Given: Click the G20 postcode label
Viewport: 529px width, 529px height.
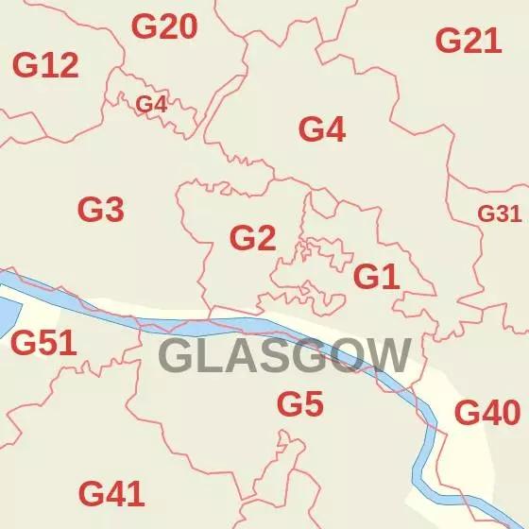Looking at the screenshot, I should click(x=164, y=27).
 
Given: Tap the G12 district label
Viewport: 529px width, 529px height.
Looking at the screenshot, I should click(x=45, y=65).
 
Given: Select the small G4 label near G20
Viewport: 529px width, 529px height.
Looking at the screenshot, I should click(x=152, y=104).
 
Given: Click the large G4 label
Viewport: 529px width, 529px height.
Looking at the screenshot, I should click(x=322, y=129).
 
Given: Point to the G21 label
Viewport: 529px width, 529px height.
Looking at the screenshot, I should click(x=468, y=41).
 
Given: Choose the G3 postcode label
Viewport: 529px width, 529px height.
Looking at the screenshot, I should click(x=101, y=209).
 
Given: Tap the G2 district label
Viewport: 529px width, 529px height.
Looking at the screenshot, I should click(x=253, y=238).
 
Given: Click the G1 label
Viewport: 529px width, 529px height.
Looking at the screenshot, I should click(x=377, y=277).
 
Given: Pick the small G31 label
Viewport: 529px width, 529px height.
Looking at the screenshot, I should click(x=499, y=213).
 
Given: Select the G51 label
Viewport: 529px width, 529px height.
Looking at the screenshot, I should click(x=43, y=343).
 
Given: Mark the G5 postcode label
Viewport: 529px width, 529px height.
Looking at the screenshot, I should click(x=300, y=404).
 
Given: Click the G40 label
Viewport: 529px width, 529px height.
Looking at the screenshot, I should click(x=487, y=413).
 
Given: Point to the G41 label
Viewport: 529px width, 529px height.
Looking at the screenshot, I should click(x=111, y=493).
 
